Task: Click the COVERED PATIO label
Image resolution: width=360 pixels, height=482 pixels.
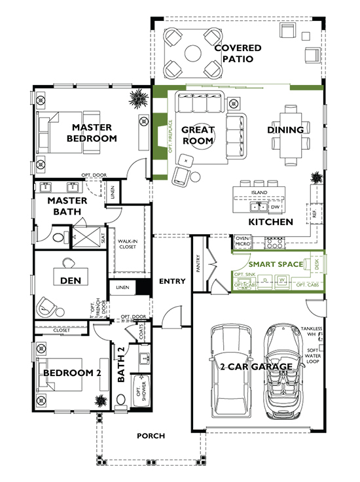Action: click(x=238, y=54)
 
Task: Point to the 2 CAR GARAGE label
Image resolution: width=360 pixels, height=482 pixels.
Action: click(x=256, y=367)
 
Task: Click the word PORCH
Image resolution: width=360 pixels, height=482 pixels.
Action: click(x=151, y=436)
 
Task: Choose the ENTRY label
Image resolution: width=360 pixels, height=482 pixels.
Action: click(x=172, y=282)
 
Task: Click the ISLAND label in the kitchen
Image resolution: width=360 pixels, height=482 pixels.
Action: click(x=259, y=193)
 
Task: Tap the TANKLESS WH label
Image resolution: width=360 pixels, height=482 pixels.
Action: click(x=312, y=332)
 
